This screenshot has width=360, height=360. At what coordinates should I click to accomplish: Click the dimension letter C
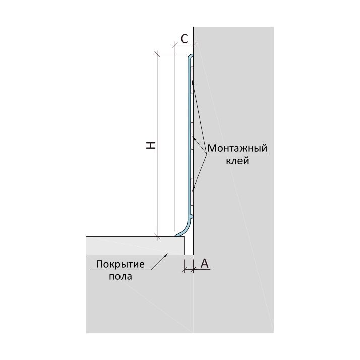(185, 37)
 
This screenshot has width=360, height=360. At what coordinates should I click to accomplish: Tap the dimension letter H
(150, 145)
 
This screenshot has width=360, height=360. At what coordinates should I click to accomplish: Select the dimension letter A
(204, 263)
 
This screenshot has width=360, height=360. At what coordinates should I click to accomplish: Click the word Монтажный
(237, 149)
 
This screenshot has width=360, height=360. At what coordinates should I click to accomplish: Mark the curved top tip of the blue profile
(191, 57)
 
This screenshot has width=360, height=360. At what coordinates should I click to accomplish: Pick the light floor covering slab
(136, 246)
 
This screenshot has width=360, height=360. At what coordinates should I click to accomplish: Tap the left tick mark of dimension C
(174, 45)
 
